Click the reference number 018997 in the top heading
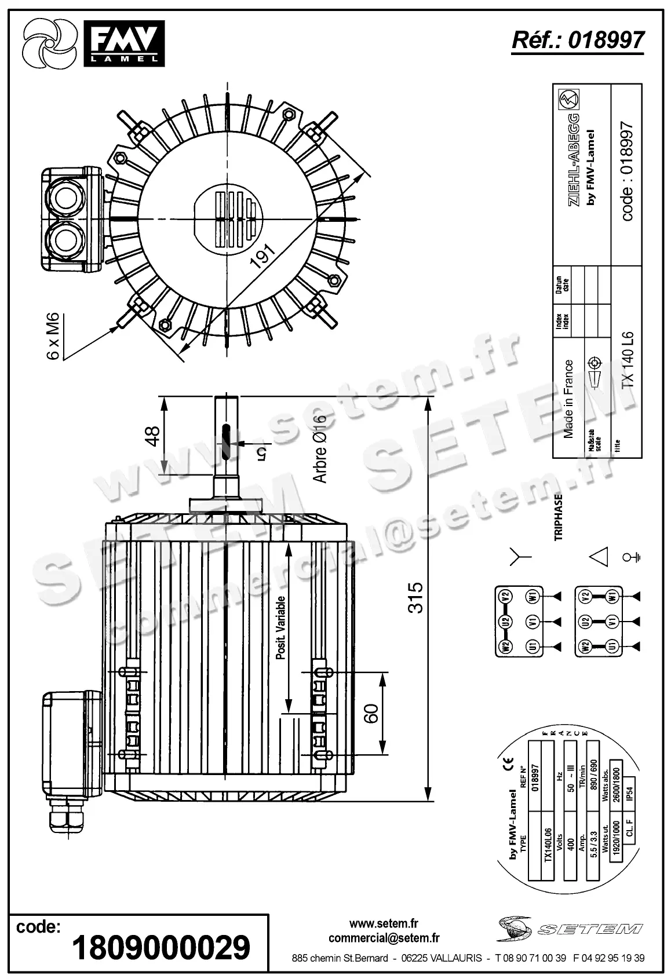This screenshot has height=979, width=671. pos(606,40)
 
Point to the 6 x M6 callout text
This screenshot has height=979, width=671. pos(53,336)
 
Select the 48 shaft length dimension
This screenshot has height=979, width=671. pos(151,436)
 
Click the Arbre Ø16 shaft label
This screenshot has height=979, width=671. pos(320,449)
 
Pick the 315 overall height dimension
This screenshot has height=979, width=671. pos(415,598)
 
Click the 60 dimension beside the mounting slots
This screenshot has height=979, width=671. pos(371,713)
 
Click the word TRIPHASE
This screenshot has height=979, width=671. pos(559,517)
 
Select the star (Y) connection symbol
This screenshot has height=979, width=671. pos(520,557)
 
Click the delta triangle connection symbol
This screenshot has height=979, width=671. pos(598,557)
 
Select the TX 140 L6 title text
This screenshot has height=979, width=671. pos(628,359)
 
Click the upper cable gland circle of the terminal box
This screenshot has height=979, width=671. pos(64,193)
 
